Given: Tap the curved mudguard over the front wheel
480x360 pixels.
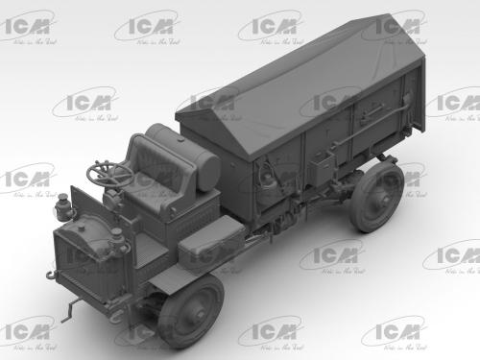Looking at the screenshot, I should [192, 278].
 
